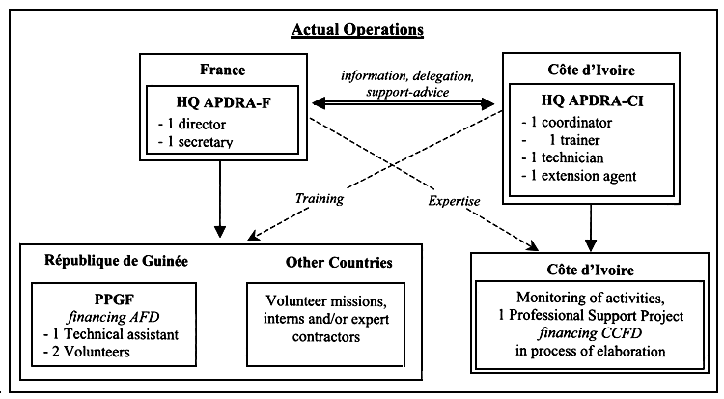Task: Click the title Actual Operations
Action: pyautogui.click(x=357, y=29)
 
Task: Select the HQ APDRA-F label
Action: pyautogui.click(x=220, y=99)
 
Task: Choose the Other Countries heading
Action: pyautogui.click(x=338, y=263)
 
